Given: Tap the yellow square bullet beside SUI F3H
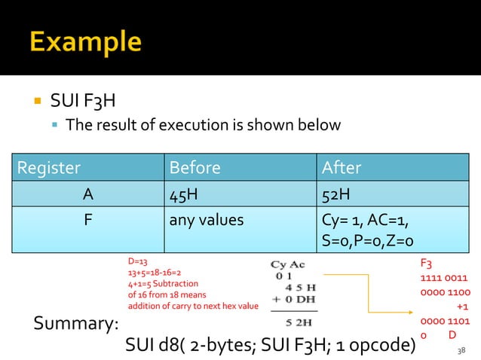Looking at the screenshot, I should click(35, 100).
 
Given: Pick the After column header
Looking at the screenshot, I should click(342, 167).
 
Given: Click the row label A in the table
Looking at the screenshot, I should click(88, 195).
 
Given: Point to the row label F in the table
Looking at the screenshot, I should click(88, 221).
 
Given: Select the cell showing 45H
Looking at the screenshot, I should click(184, 195).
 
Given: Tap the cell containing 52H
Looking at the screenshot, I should click(335, 195).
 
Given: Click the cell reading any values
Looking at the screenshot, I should click(207, 221).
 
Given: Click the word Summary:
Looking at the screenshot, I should click(76, 325).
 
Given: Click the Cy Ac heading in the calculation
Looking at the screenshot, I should click(289, 264).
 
